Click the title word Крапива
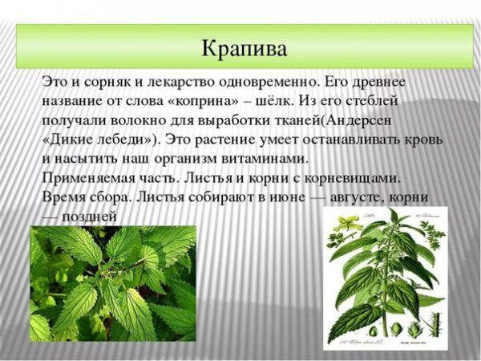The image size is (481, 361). click(245, 48)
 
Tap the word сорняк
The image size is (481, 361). click(106, 83)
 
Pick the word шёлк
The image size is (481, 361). click(274, 101)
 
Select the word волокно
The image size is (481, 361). click(137, 120)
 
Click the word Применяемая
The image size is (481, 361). click(88, 179)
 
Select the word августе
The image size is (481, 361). click(355, 197)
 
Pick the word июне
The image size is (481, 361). click(288, 197)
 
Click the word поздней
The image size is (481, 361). click(90, 217)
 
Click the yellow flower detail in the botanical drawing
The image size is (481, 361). click(348, 222)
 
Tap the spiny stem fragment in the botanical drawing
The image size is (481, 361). click(433, 325)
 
